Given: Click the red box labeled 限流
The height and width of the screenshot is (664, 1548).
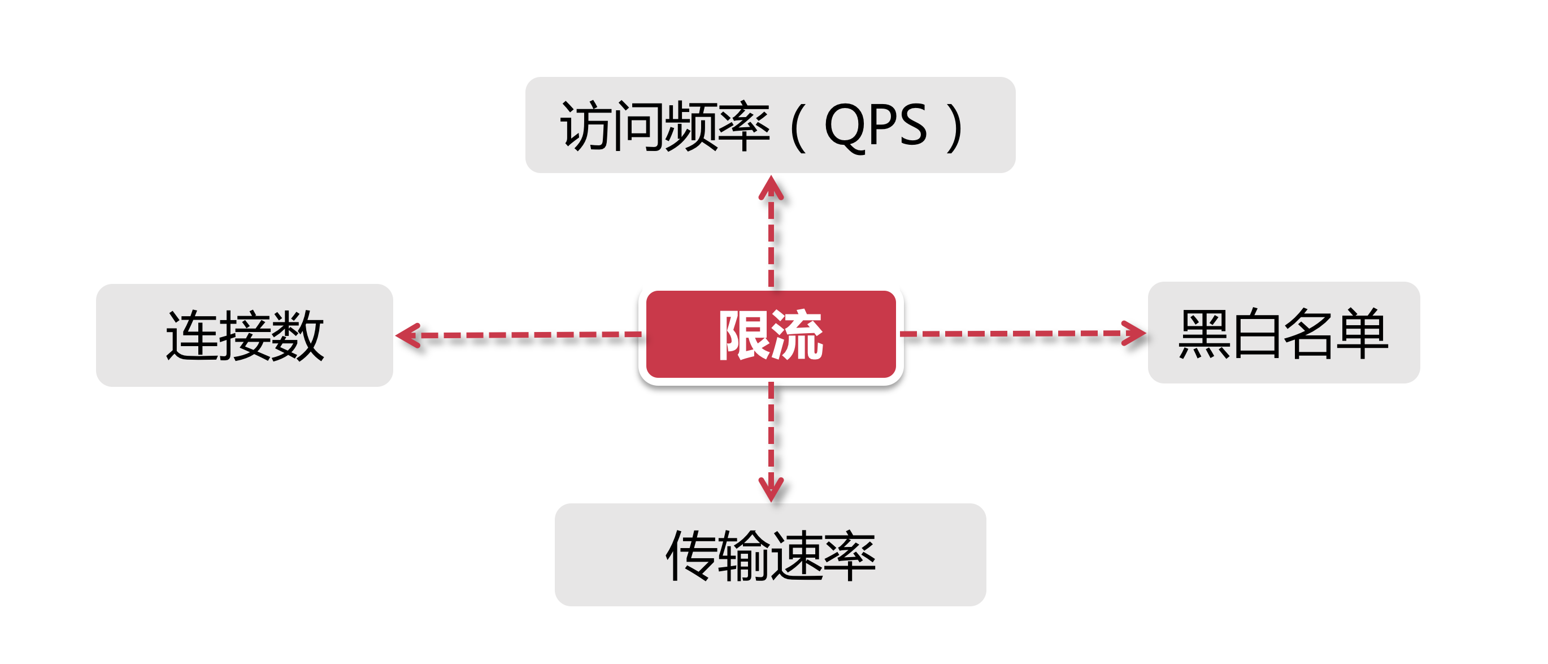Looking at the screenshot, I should (771, 334).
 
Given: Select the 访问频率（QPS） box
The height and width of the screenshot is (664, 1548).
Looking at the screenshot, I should (770, 125).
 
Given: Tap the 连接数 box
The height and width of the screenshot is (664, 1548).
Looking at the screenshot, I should (245, 335).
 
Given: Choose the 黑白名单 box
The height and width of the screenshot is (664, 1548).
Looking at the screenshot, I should (1284, 333).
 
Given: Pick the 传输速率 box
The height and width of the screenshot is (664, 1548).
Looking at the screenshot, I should (770, 554).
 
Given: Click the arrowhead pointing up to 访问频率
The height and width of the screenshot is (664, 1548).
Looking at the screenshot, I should (771, 188).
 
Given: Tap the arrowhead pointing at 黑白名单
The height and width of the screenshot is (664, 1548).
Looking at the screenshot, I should (1133, 333).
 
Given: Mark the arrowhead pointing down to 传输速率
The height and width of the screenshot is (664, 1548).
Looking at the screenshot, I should (771, 488).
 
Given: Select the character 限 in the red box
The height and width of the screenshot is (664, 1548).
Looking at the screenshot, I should (744, 334).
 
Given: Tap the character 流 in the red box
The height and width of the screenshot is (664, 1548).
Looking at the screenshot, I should (797, 334).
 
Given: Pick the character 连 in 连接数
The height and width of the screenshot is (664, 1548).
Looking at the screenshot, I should (192, 335).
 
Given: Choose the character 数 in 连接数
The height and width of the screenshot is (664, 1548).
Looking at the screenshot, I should (298, 335).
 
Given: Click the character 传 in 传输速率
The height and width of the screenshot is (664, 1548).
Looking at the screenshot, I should (691, 555).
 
